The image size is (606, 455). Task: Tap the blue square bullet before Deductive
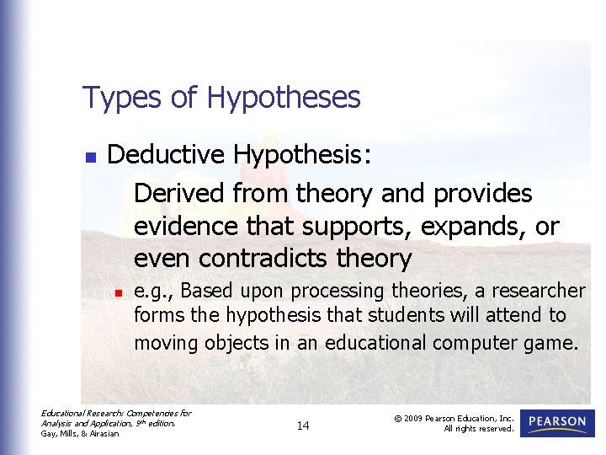tap(91, 157)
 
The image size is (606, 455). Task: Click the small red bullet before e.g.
tap(119, 292)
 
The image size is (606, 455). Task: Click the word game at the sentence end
tap(555, 343)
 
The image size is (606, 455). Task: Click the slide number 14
tap(303, 426)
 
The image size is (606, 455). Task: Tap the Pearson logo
tap(557, 422)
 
